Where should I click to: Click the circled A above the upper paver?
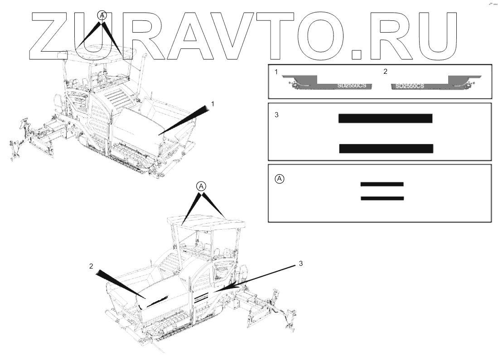[102, 15]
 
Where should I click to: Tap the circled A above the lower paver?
[201, 186]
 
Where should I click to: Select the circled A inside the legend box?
[280, 179]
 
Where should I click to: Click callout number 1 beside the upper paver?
[213, 104]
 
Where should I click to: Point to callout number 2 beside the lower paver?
[91, 266]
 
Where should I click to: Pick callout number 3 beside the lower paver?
[300, 263]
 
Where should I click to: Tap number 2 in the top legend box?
[385, 72]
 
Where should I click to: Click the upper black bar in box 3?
[386, 118]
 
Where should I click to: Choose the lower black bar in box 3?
[386, 149]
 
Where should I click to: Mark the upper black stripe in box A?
[382, 184]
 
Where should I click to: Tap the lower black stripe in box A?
[382, 198]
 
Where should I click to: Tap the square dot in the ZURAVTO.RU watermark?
[357, 55]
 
